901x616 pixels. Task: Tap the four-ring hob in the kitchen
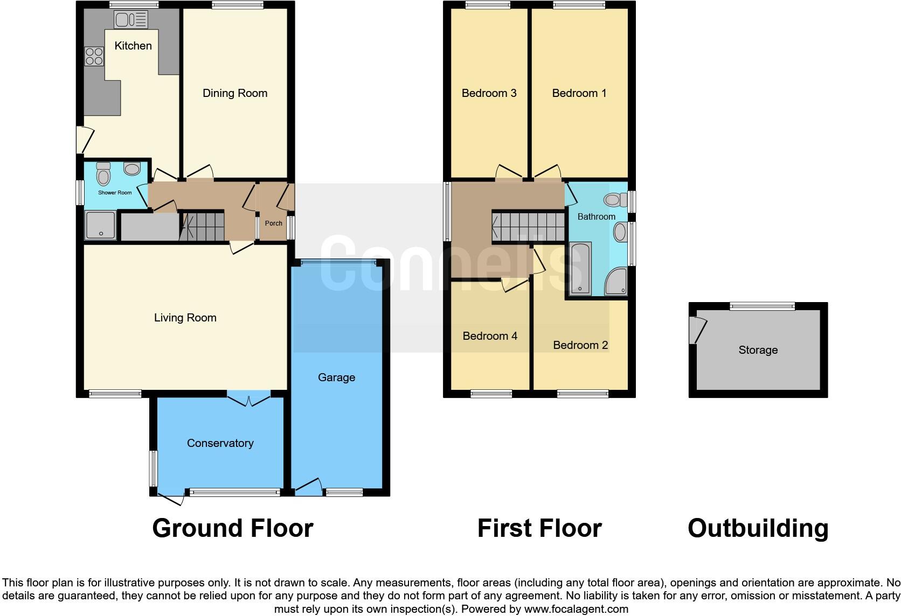coord(94,57)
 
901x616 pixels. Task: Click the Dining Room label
coord(235,93)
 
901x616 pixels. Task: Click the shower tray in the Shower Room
coord(100,225)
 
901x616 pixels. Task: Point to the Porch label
coord(274,223)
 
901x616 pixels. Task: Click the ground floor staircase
coord(203,226)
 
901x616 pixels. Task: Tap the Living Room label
coord(185,318)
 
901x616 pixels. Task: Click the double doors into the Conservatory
coord(248,400)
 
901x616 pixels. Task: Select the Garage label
coord(336,377)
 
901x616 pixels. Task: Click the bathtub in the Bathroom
coord(580,268)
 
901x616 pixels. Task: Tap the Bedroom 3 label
coord(489,93)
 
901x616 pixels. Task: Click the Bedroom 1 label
coord(579,93)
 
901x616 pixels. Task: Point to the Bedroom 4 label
coord(490,336)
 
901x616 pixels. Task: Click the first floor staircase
coord(529,227)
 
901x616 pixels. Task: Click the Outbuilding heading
coord(758,528)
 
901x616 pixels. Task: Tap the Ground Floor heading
coord(233,528)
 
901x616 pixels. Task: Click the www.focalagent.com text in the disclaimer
coord(576,610)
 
